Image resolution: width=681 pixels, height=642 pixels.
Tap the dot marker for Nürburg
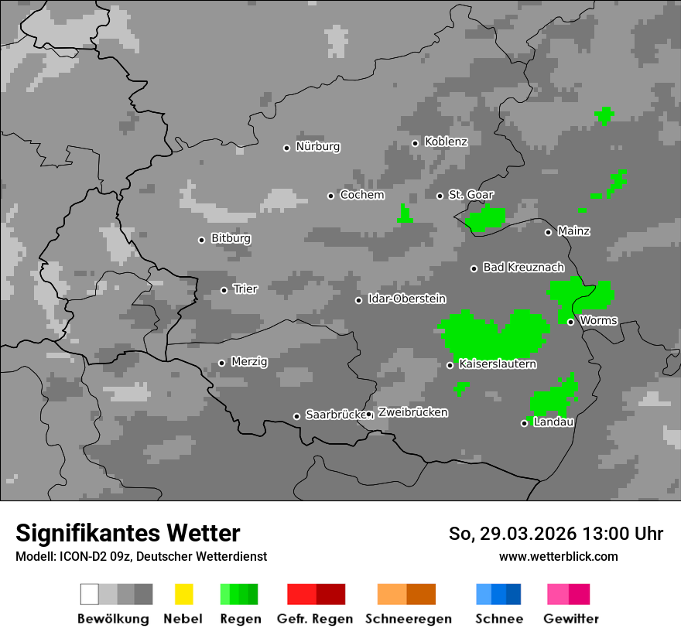(286, 147)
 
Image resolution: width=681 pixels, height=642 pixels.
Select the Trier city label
(245, 289)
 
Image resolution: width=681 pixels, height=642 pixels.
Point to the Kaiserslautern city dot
(450, 365)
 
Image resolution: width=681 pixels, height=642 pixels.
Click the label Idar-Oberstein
(407, 299)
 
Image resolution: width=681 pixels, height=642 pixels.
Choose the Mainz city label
(573, 231)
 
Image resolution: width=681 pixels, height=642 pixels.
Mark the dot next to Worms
(570, 322)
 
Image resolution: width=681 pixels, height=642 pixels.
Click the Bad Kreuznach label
(523, 268)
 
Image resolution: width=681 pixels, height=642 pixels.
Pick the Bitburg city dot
(201, 240)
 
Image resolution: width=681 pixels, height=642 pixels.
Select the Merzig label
(249, 361)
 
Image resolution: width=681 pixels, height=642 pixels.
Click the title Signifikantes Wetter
(128, 533)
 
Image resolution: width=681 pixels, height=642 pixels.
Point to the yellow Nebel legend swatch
(183, 594)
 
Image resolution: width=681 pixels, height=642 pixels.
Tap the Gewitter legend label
(571, 619)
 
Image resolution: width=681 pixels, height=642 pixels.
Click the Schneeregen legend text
(409, 619)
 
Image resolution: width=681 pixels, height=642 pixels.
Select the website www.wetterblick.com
(558, 556)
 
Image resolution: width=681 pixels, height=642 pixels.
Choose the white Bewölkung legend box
(90, 594)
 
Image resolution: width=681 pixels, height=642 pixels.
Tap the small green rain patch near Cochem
(404, 214)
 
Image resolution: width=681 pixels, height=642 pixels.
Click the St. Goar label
(471, 195)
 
